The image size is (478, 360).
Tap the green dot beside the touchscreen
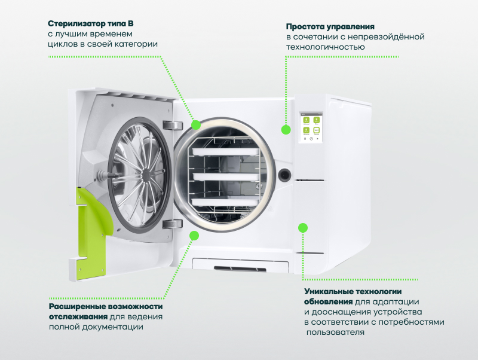coord(284,129)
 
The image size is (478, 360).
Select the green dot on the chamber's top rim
coord(196,124)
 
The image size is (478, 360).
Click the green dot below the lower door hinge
coord(194,235)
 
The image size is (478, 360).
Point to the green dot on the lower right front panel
coord(303,228)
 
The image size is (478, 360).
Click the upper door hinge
coord(172,124)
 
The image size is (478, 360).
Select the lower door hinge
coord(172,224)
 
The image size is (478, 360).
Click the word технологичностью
coord(325,47)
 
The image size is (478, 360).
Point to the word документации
coord(118,327)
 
